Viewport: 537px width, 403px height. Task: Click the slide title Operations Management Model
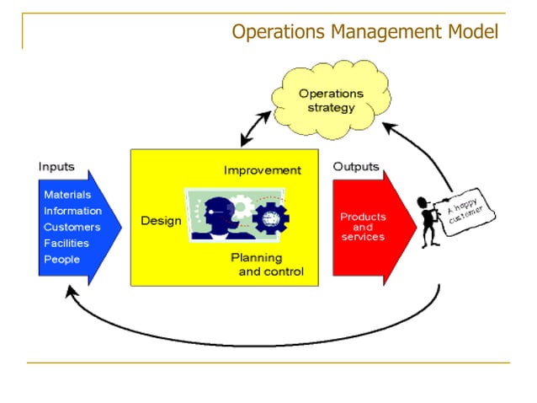tap(364, 32)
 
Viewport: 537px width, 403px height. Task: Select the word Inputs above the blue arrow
tap(56, 167)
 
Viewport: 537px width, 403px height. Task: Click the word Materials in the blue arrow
tap(67, 195)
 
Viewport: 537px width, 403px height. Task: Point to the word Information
tap(72, 211)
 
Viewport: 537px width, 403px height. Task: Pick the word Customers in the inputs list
tap(72, 227)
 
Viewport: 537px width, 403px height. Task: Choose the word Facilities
tap(67, 243)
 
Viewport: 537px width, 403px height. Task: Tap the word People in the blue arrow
tap(61, 259)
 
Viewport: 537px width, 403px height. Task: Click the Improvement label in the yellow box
tap(262, 170)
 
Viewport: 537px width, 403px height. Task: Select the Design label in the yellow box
tap(161, 221)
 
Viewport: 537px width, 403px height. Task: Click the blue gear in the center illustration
tap(271, 218)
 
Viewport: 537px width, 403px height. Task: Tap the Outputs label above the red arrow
tap(356, 167)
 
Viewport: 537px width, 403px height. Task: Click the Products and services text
tap(363, 227)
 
